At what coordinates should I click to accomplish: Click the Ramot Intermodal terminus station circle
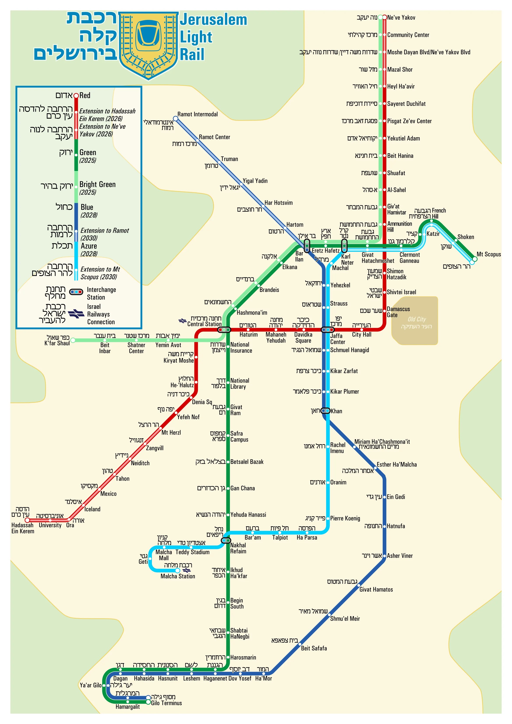[x=176, y=119]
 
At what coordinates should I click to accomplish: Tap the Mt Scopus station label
[x=488, y=254]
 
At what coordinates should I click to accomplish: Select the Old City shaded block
[x=415, y=320]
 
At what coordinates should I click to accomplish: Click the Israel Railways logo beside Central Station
[x=182, y=321]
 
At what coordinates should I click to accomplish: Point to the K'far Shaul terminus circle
[x=73, y=340]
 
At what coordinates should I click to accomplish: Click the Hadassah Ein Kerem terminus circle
[x=27, y=520]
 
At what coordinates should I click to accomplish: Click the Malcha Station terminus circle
[x=178, y=571]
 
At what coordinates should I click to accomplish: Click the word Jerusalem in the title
[x=213, y=20]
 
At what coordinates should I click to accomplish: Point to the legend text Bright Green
[x=97, y=185]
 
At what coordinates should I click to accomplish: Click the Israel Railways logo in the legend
[x=76, y=314]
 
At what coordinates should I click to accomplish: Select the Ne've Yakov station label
[x=401, y=18]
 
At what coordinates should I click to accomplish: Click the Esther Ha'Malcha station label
[x=397, y=465]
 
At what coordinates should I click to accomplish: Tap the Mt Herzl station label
[x=171, y=433]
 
